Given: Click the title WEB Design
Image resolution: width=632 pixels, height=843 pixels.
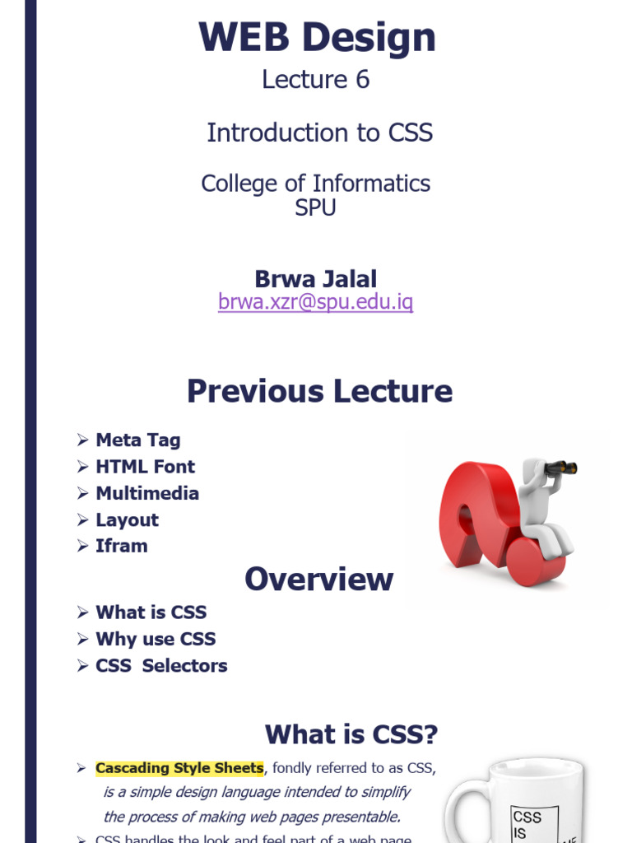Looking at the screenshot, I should click(317, 39).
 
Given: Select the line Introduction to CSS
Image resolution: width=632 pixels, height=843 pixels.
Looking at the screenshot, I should click(319, 133).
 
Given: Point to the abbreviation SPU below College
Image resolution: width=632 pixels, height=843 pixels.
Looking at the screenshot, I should click(316, 207).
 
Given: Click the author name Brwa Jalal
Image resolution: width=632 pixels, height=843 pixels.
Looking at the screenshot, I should click(316, 279).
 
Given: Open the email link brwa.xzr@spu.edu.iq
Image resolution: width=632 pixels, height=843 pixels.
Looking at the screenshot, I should click(316, 302).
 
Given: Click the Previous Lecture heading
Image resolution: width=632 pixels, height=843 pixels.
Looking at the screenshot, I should click(319, 391).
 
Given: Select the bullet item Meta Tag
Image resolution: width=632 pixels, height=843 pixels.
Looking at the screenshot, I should click(137, 440).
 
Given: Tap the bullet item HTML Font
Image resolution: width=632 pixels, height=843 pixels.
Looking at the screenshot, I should click(145, 467).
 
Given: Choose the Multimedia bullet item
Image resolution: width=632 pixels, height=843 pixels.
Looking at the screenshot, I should click(147, 493).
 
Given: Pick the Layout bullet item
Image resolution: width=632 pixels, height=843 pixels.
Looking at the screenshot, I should click(127, 519).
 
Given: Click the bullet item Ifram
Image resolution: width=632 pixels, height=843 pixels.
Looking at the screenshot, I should click(122, 546).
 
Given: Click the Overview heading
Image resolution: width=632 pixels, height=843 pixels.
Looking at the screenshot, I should click(319, 580).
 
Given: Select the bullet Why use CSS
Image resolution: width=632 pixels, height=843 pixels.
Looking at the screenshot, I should click(156, 639).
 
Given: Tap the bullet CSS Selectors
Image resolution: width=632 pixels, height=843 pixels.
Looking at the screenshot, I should click(161, 665).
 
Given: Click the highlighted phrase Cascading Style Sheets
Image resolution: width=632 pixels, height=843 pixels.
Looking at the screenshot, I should click(179, 768).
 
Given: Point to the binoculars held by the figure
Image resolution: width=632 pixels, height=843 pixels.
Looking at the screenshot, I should click(561, 468).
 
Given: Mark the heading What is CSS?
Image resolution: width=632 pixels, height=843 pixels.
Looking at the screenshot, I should click(351, 734).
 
